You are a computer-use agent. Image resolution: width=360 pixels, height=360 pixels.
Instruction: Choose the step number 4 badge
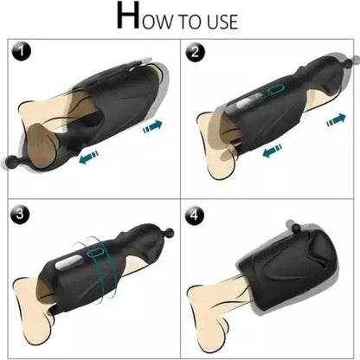(x=195, y=212)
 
